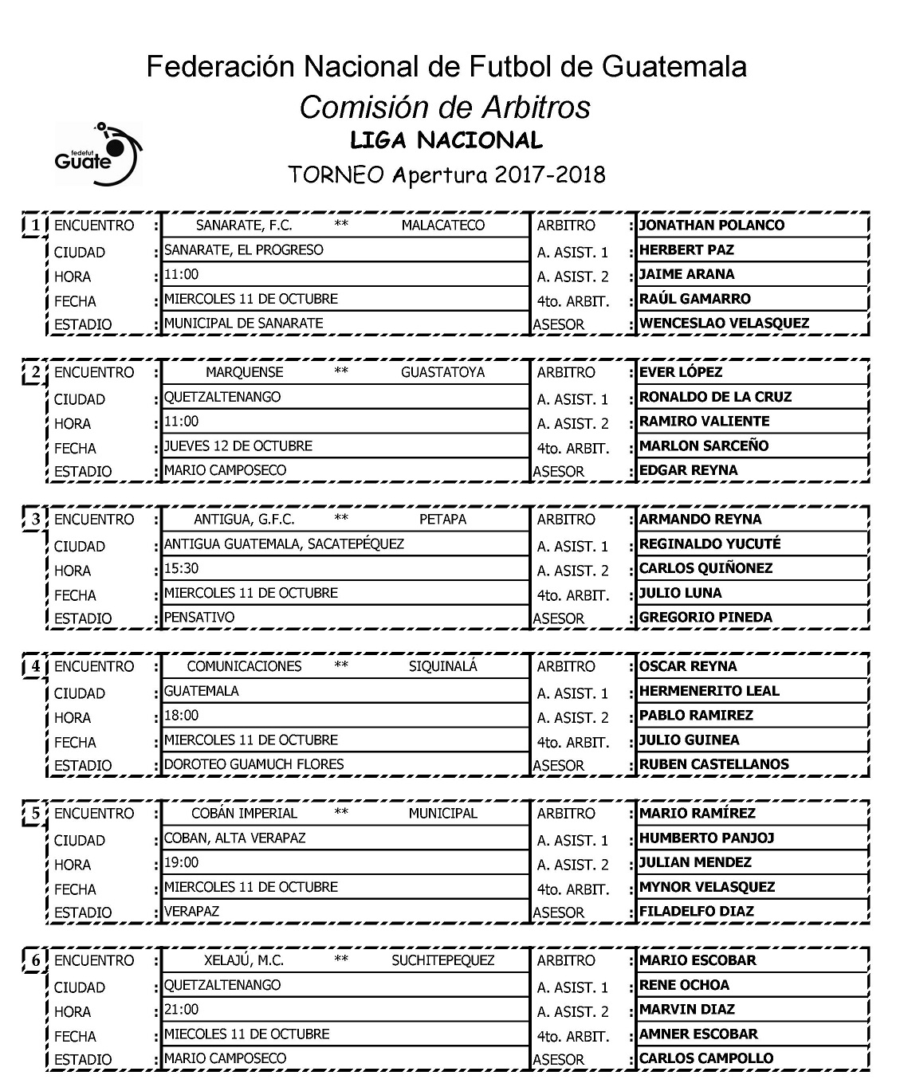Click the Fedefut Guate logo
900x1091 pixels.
click(96, 153)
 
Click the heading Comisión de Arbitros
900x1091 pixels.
click(445, 107)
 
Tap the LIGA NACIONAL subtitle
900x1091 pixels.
click(446, 141)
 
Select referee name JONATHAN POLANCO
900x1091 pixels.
click(712, 225)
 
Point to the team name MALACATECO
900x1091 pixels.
click(442, 226)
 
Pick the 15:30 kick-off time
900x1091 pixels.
click(182, 568)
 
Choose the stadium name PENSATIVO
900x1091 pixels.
click(199, 617)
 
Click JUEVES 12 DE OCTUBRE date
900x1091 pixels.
click(238, 445)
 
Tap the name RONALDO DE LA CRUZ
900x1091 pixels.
click(715, 397)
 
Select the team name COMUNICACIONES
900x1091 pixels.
click(244, 666)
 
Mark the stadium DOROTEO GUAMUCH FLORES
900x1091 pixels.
click(254, 763)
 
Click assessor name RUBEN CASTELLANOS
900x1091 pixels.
click(714, 763)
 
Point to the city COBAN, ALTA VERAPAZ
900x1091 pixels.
click(235, 838)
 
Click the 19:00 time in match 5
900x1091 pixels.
click(182, 862)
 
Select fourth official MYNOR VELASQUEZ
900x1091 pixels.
click(707, 886)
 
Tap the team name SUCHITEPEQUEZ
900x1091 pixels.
click(442, 960)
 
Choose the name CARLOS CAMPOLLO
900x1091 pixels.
click(706, 1058)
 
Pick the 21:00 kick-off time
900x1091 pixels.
click(182, 1009)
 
